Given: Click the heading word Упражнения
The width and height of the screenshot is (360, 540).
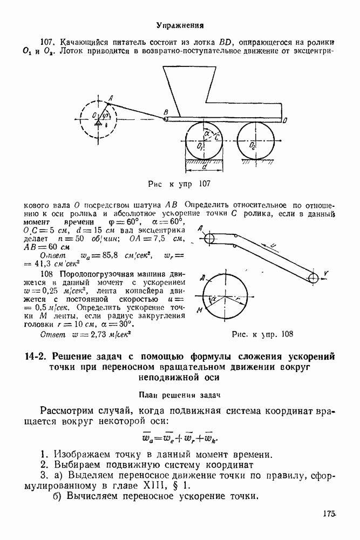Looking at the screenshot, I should [x=180, y=25].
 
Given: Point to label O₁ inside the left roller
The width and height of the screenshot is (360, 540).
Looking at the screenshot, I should [x=200, y=146].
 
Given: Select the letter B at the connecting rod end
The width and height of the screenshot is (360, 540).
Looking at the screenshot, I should [x=166, y=112].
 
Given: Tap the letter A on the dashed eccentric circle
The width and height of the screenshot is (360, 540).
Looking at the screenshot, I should [x=110, y=98].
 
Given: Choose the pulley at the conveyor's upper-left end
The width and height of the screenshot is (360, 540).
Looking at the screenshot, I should [x=209, y=238].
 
